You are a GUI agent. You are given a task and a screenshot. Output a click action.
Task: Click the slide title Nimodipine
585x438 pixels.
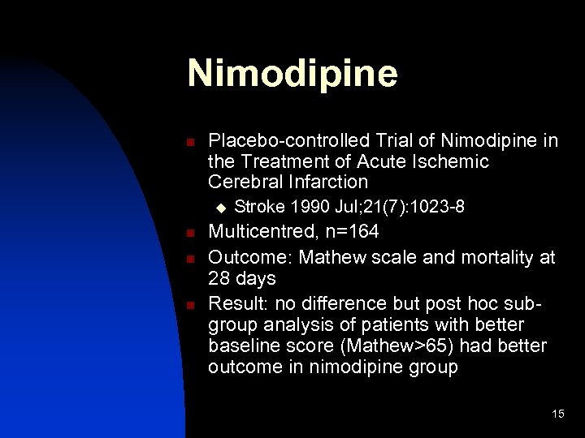coord(292,73)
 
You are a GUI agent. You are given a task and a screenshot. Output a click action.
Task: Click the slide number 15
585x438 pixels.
coord(557,414)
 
